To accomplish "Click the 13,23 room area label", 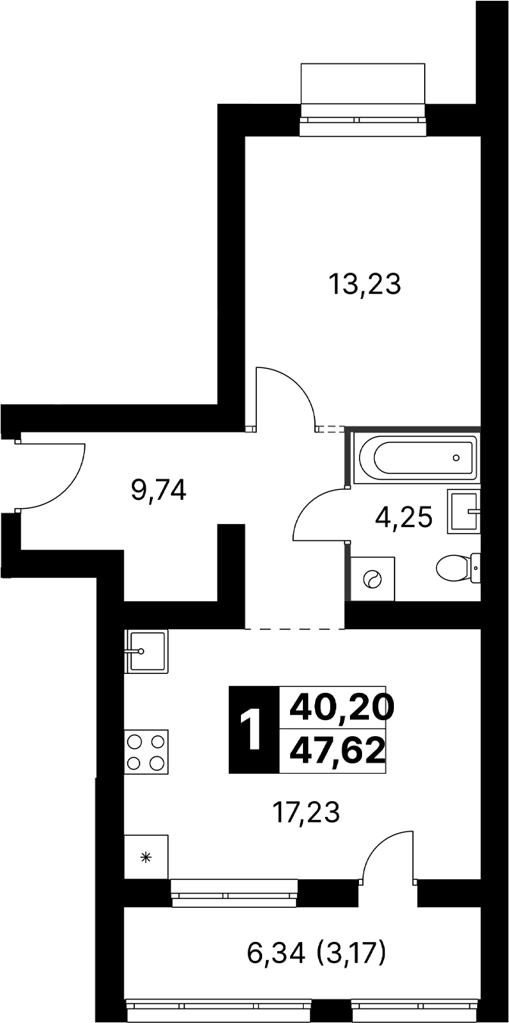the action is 364,284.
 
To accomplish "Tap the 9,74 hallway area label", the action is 158,491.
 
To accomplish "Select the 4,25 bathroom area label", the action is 404,518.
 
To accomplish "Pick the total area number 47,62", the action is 337,752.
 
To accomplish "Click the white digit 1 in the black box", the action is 251,730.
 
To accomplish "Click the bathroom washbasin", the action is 464,512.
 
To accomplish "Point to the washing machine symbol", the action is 373,579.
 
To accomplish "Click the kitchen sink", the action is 146,651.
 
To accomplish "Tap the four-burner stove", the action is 146,752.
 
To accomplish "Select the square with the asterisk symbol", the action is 146,856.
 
